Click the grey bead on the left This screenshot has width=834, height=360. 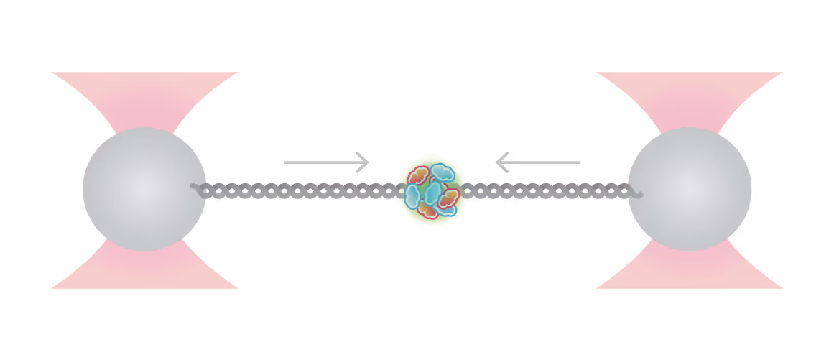tap(144, 189)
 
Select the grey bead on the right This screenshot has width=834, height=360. tap(690, 189)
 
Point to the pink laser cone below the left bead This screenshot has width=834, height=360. tap(144, 269)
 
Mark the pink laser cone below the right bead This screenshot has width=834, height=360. tap(690, 269)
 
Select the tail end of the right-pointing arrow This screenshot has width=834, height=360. tap(286, 162)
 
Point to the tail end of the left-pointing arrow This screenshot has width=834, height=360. tap(579, 162)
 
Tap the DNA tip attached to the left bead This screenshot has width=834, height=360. tap(195, 187)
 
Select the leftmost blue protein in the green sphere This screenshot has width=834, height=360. tap(412, 195)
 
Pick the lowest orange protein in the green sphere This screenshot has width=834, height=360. tap(428, 210)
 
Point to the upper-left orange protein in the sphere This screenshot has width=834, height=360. tap(419, 175)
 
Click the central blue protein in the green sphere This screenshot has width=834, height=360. tap(433, 192)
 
